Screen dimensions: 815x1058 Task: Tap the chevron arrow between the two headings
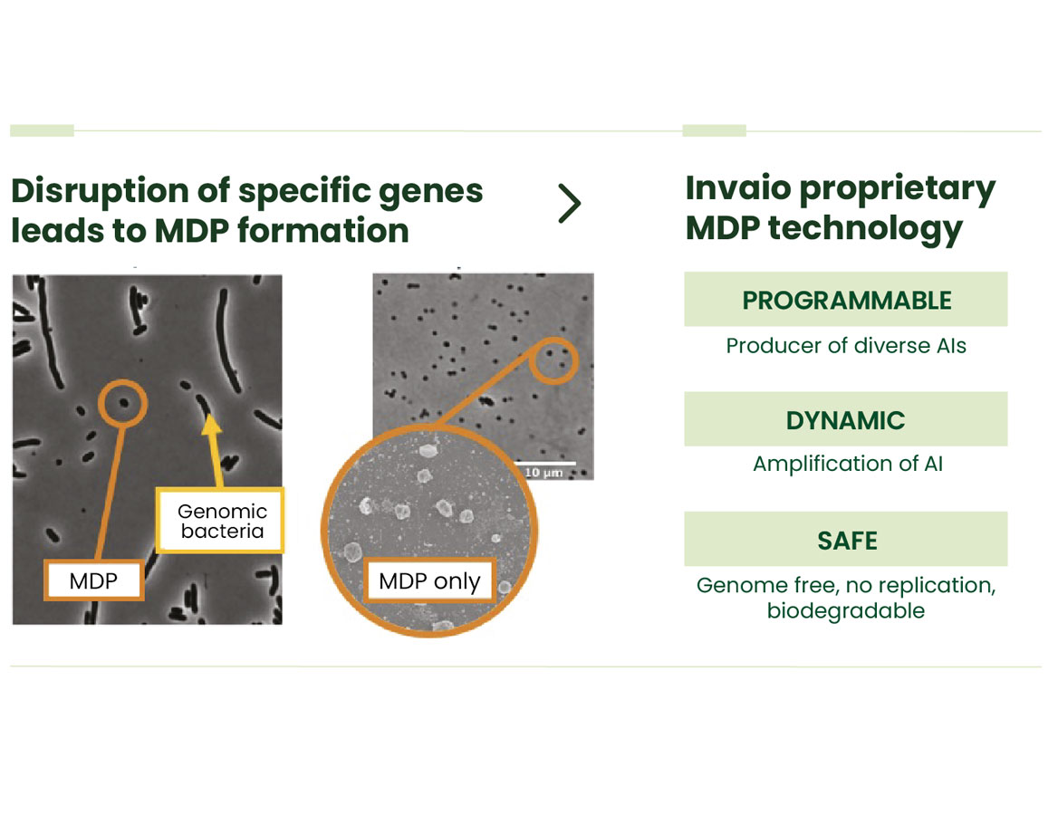click(x=569, y=204)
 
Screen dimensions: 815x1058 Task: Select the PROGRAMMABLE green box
click(x=845, y=300)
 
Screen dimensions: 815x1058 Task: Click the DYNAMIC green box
click(x=845, y=419)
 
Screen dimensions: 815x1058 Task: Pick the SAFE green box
click(x=845, y=540)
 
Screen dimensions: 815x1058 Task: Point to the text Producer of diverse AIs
click(x=845, y=346)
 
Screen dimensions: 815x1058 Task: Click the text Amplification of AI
click(x=847, y=464)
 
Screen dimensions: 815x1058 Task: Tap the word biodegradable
click(x=845, y=610)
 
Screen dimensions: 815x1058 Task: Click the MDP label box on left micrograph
click(x=94, y=580)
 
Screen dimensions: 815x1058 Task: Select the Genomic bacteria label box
click(x=221, y=521)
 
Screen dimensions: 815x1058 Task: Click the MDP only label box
click(x=429, y=580)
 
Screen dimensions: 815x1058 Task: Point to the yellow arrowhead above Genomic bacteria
click(x=210, y=422)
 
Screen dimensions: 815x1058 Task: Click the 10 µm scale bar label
click(x=544, y=471)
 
